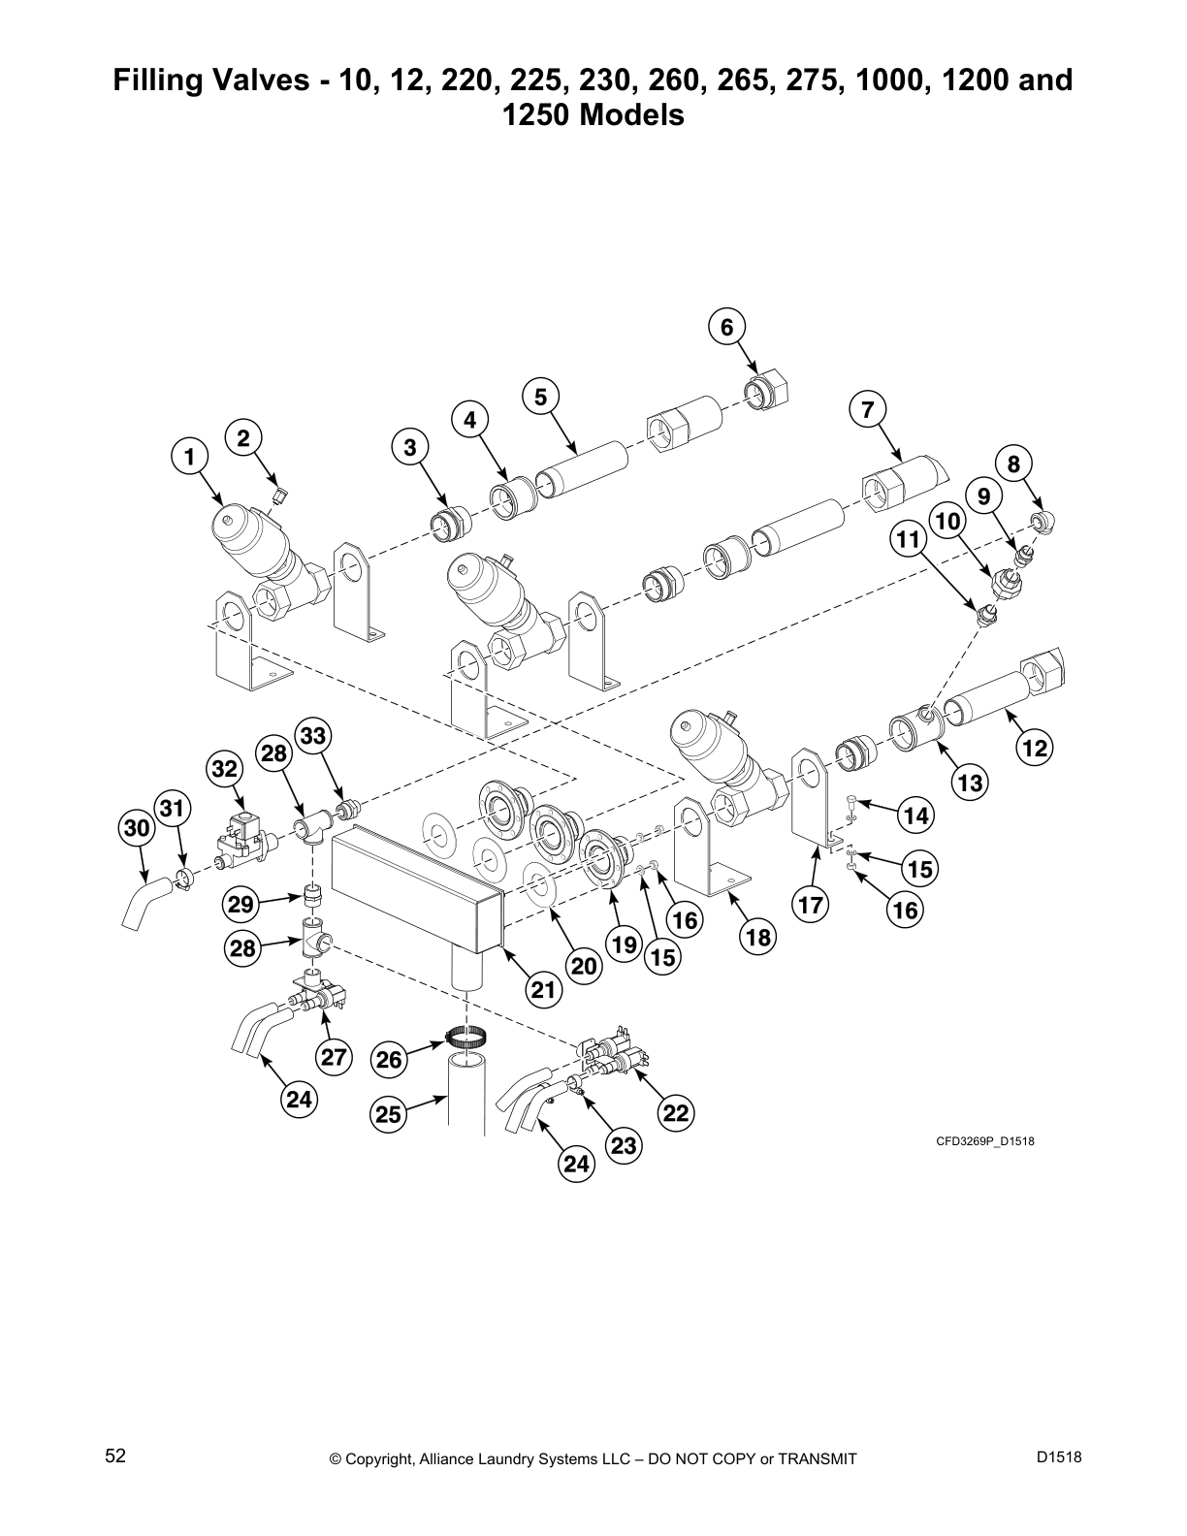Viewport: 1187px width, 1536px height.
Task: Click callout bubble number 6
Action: (727, 327)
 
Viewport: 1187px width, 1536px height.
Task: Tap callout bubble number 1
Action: (190, 456)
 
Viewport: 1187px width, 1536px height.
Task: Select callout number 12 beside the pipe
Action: (1035, 748)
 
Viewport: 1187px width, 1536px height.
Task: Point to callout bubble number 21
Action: (544, 989)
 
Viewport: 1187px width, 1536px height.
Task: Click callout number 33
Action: (312, 736)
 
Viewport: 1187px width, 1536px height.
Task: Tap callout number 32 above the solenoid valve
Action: (224, 769)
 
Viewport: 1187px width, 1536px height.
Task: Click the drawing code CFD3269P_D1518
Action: (984, 1141)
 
